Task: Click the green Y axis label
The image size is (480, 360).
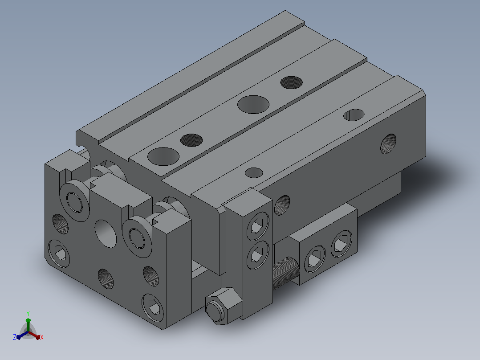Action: [28, 314]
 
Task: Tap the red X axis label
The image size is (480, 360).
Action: [42, 337]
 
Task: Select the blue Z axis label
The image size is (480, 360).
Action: [15, 337]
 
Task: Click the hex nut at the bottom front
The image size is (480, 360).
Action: [224, 306]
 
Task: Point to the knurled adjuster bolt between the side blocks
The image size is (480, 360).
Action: [285, 273]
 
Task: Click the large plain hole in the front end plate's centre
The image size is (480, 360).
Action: [106, 233]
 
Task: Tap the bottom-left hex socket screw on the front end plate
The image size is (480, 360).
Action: [59, 254]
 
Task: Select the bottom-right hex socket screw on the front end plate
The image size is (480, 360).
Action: [153, 307]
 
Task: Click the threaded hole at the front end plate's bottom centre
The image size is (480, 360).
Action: [106, 279]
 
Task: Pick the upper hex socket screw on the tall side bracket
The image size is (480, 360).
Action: [258, 226]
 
